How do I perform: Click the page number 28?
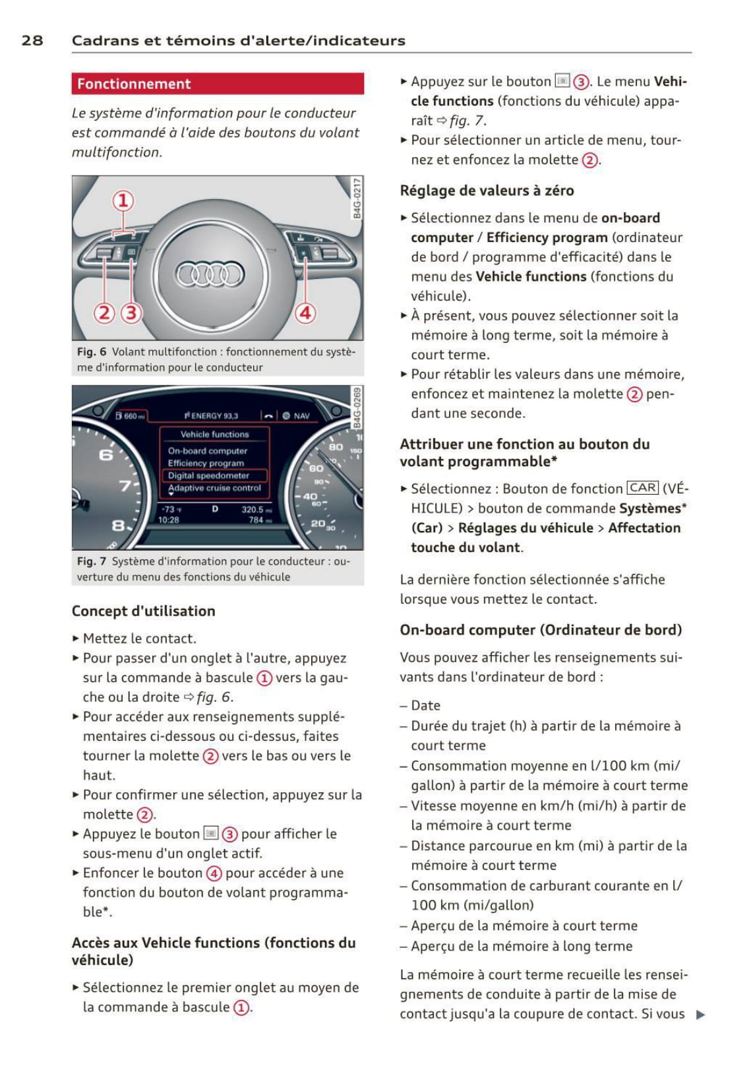[32, 40]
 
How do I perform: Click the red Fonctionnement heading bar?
[217, 84]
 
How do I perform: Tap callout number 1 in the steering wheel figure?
[123, 201]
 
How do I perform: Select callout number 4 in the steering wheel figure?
[305, 312]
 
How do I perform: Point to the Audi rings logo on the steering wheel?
[210, 274]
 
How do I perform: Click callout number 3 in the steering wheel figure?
[131, 312]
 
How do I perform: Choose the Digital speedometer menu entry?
[208, 476]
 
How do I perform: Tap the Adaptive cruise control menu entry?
[215, 488]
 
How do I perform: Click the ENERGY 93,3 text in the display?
[212, 416]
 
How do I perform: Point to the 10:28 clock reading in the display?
[169, 520]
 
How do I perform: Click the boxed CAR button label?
[643, 488]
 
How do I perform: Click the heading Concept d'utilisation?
[143, 611]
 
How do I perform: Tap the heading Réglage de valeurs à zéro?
[487, 191]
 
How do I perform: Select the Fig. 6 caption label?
[91, 352]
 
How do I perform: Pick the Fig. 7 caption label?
[91, 561]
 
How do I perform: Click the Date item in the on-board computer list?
[425, 705]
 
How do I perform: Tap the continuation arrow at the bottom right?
[700, 1014]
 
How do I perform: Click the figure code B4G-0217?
[357, 197]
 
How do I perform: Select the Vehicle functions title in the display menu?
[215, 434]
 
